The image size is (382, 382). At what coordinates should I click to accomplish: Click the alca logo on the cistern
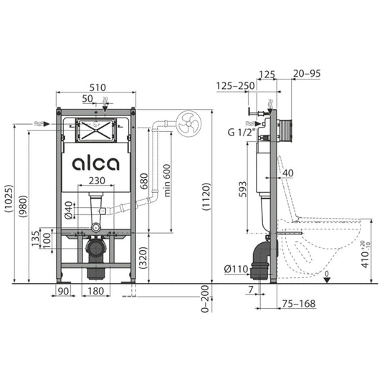tap(96, 163)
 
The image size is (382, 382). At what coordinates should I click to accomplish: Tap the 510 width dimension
tap(97, 87)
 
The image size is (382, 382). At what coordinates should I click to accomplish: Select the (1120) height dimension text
tap(206, 196)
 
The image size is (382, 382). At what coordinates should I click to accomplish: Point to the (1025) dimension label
tap(9, 199)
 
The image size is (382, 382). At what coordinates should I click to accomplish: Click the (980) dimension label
tap(24, 206)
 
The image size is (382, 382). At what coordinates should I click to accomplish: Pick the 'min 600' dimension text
tap(167, 181)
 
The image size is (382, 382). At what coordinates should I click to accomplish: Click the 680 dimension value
tap(144, 181)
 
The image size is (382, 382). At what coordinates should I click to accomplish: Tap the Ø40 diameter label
tap(69, 210)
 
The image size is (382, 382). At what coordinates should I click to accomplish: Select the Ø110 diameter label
tap(236, 269)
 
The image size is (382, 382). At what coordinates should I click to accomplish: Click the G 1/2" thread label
tap(242, 133)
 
